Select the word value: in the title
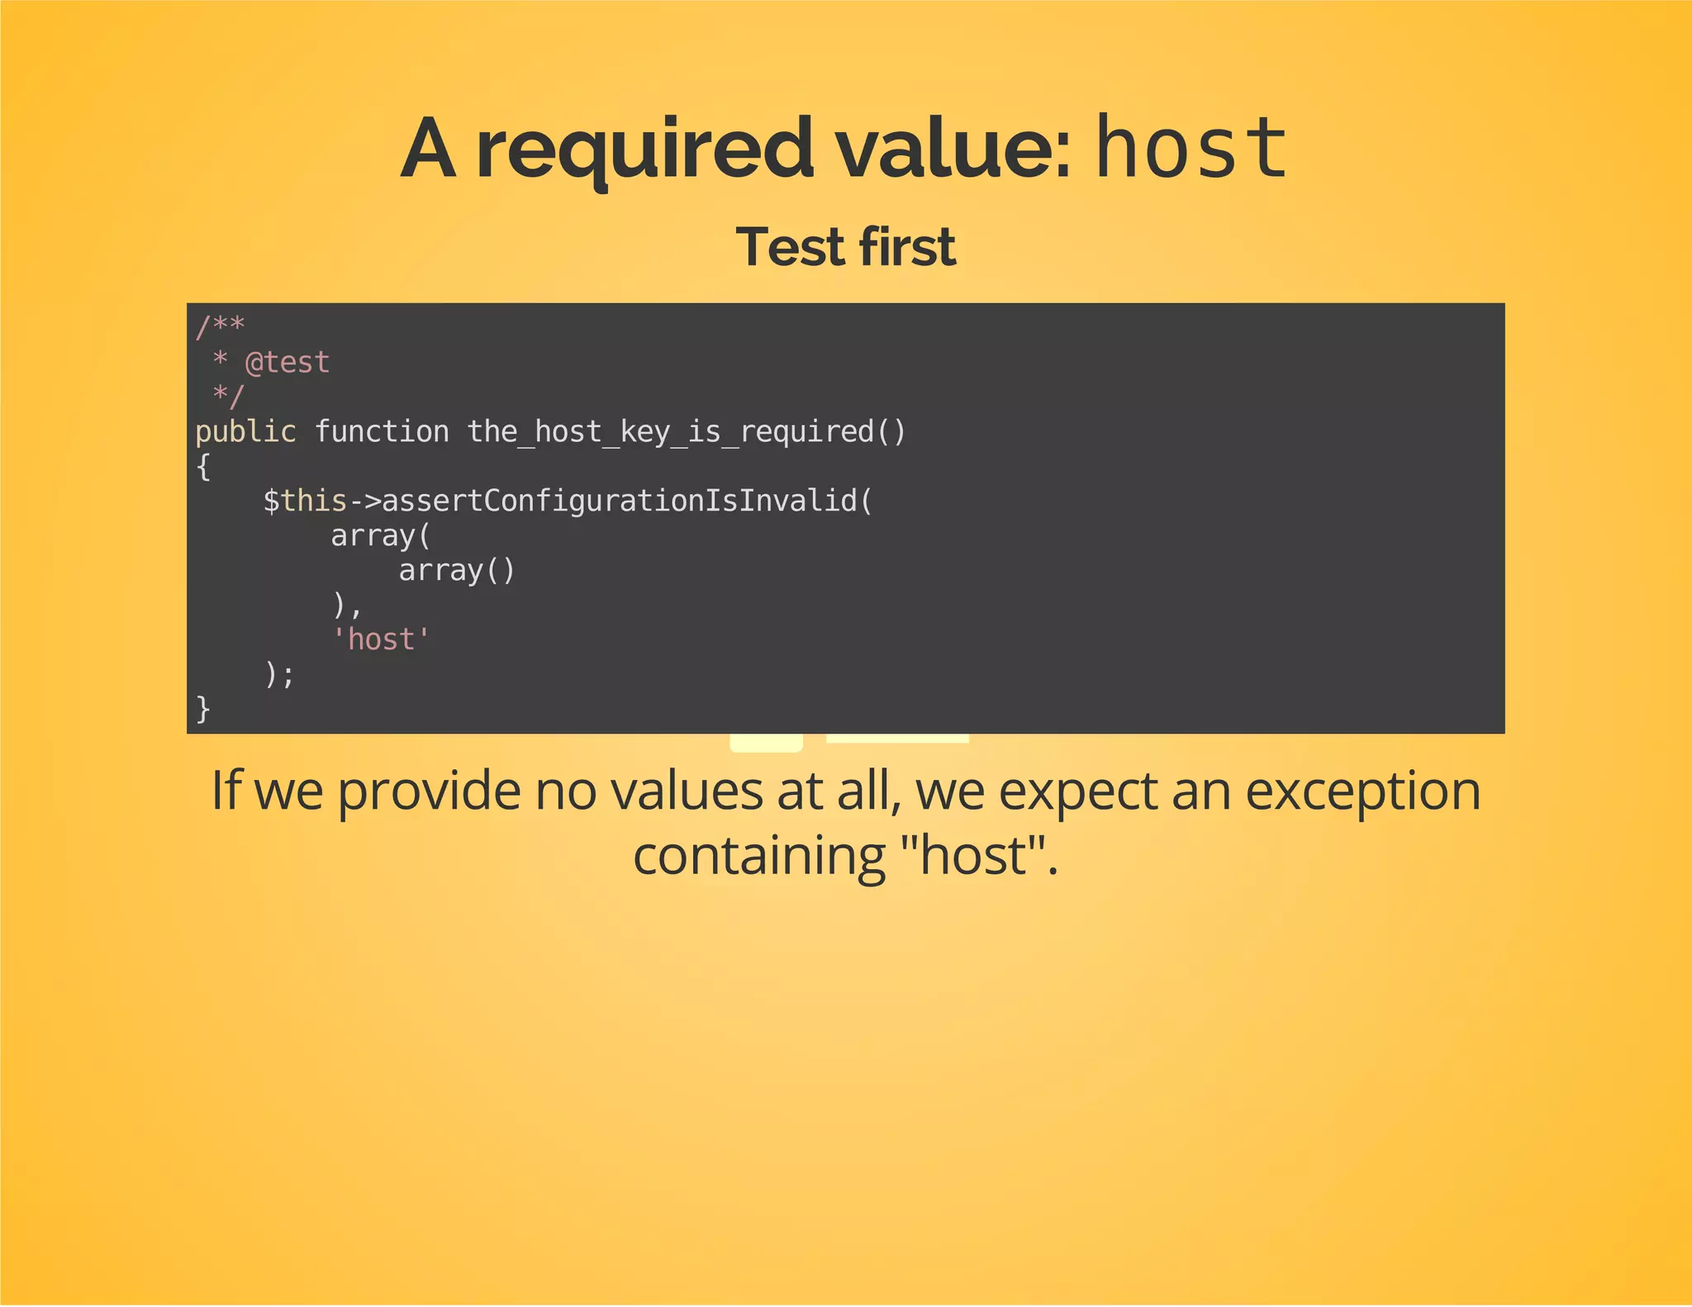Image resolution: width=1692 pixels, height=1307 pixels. pyautogui.click(x=953, y=149)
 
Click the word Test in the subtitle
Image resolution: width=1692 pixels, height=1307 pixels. pyautogui.click(x=790, y=247)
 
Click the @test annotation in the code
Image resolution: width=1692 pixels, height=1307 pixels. pyautogui.click(x=288, y=363)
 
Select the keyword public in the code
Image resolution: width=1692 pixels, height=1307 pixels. pyautogui.click(x=245, y=431)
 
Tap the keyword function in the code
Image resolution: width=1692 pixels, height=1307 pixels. pyautogui.click(x=382, y=431)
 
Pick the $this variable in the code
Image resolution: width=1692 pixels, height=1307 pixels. pyautogui.click(x=305, y=501)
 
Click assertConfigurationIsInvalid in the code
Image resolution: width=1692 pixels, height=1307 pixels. pyautogui.click(x=620, y=501)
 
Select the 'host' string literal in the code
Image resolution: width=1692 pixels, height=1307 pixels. pyautogui.click(x=381, y=639)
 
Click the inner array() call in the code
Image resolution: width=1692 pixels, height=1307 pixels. pyautogui.click(x=457, y=570)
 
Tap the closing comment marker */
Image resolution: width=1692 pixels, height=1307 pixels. pyautogui.click(x=228, y=397)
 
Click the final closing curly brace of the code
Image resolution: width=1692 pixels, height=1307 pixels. pyautogui.click(x=203, y=709)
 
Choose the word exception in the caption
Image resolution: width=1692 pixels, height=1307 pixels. pyautogui.click(x=1362, y=791)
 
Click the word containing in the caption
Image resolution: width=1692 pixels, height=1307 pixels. pyautogui.click(x=759, y=856)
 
